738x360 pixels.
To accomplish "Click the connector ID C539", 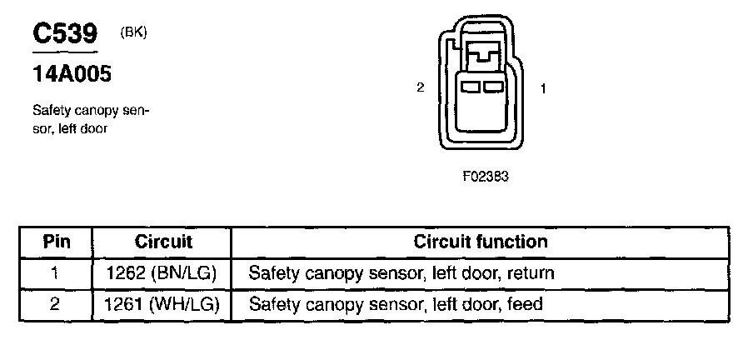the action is click(65, 33).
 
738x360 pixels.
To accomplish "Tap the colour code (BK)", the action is click(134, 32).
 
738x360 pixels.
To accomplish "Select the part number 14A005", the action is click(72, 74).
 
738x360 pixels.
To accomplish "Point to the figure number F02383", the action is click(486, 177).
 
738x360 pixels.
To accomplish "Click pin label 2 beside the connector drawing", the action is click(421, 87).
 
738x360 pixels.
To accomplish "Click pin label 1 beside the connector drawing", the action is click(543, 88).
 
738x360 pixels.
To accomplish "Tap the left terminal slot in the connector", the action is click(470, 87).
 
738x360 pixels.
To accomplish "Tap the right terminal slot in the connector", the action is click(493, 87).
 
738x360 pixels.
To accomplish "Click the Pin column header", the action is click(57, 242).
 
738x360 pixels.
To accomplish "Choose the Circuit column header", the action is click(163, 242).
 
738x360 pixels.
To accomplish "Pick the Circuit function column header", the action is click(481, 242).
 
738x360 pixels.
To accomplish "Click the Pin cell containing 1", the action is click(55, 273).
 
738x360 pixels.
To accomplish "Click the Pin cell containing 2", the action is click(55, 304).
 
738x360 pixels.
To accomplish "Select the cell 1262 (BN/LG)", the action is click(162, 273).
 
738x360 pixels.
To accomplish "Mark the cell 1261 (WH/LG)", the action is click(162, 304).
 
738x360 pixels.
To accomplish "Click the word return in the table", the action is click(530, 273).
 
